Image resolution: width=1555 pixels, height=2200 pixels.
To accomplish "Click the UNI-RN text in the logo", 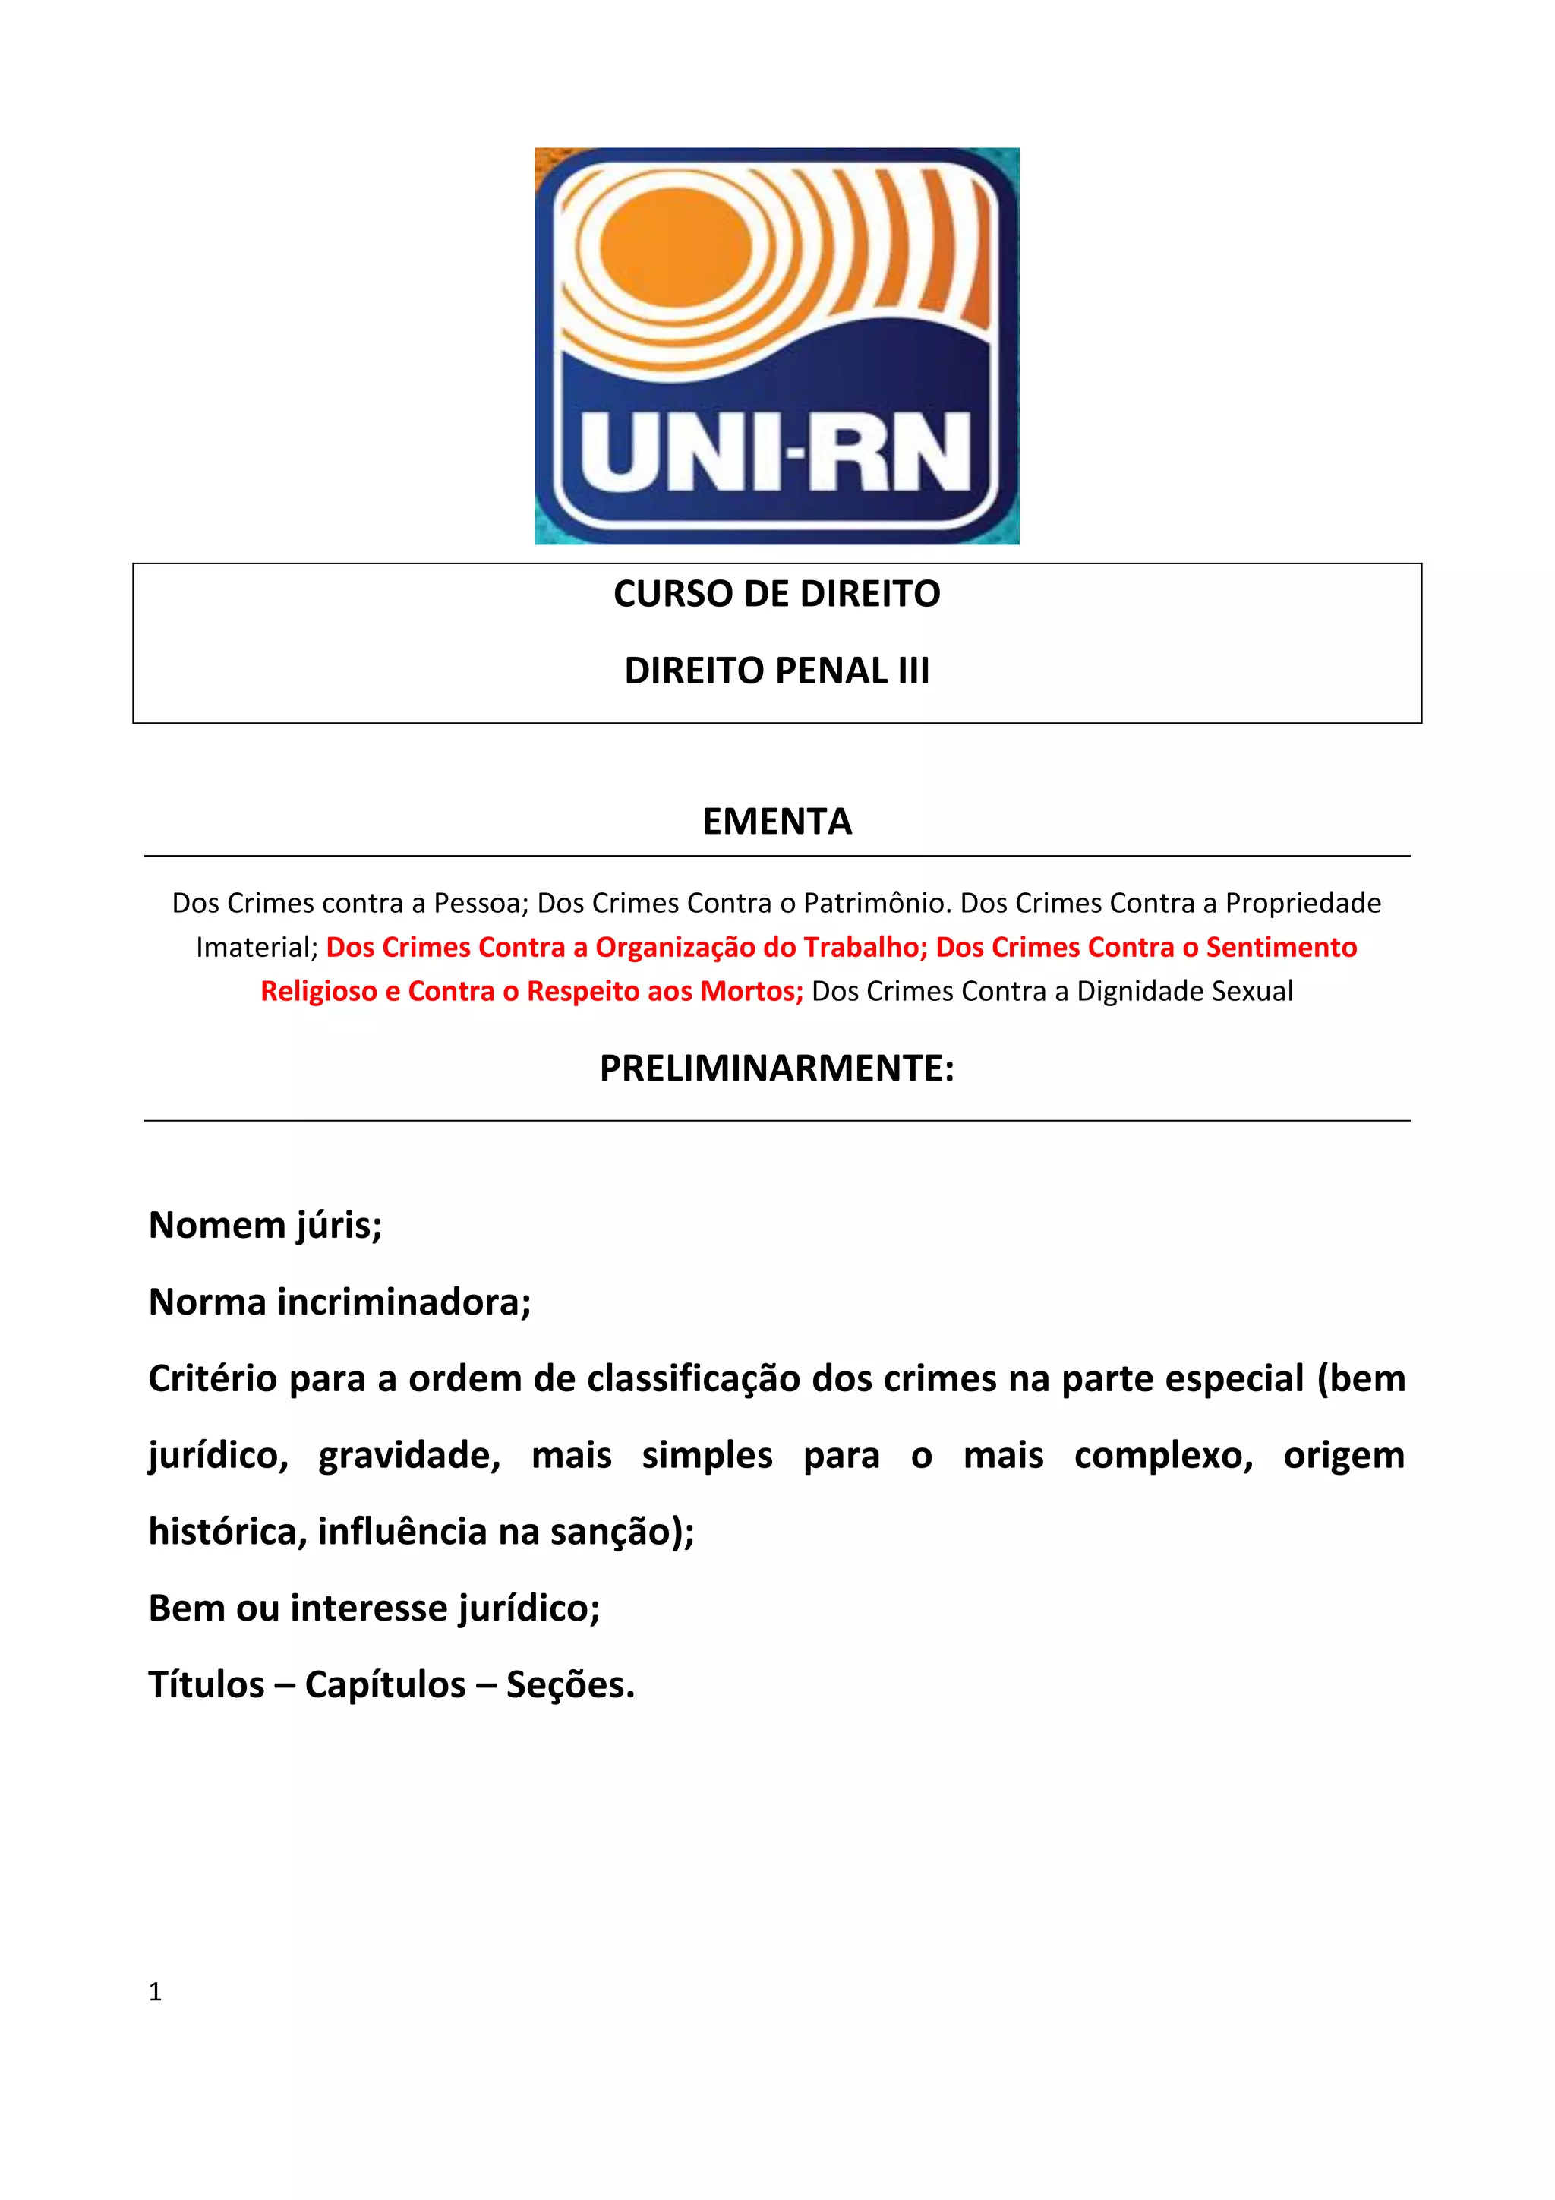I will (775, 453).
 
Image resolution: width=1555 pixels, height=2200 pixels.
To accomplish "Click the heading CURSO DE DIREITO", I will (776, 594).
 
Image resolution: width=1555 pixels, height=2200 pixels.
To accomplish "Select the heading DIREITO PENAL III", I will (776, 671).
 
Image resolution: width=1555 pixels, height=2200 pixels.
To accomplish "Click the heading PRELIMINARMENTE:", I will (776, 1068).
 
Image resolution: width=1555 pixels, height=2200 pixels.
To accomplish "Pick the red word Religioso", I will (318, 992).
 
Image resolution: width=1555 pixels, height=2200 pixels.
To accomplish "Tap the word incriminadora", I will (403, 1302).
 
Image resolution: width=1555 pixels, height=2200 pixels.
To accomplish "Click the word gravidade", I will (409, 1456).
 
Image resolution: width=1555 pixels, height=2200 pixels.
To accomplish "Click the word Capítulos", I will (385, 1685).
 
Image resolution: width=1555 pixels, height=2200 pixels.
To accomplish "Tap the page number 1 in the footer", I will (155, 1992).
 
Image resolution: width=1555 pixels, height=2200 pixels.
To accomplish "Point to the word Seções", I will (570, 1685).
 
